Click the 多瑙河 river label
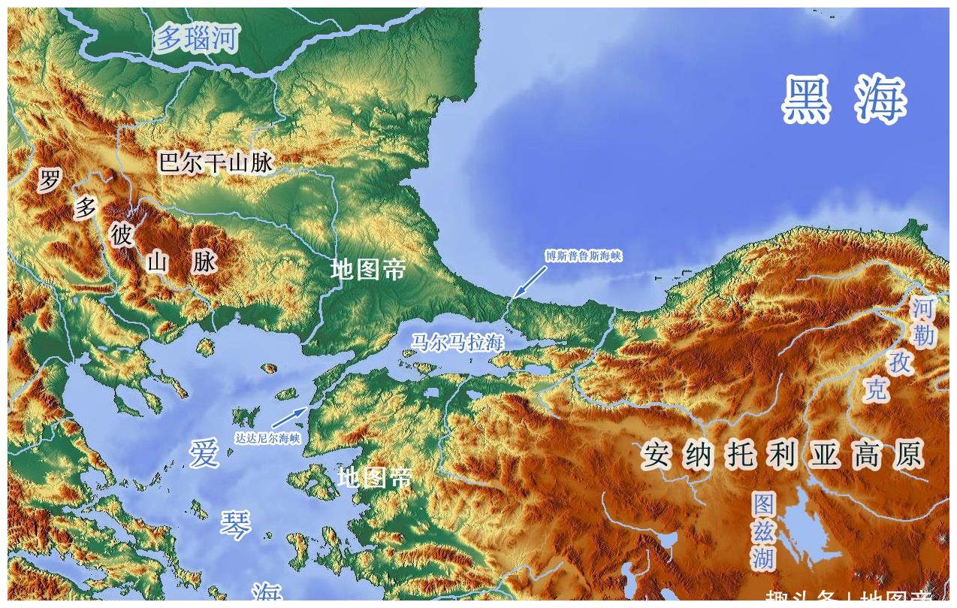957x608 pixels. (197, 38)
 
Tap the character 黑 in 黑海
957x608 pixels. (808, 100)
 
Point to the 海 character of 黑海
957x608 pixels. (880, 100)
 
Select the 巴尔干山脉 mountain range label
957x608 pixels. (216, 162)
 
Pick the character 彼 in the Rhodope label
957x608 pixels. (121, 235)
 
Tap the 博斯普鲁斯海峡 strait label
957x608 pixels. (584, 256)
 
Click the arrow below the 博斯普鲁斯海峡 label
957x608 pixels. (530, 280)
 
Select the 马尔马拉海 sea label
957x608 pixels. (456, 343)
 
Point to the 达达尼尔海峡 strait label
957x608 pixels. (267, 438)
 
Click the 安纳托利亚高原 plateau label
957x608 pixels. (782, 455)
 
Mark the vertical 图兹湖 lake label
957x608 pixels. (763, 531)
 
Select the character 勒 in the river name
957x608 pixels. (924, 335)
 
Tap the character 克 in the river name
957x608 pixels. (876, 389)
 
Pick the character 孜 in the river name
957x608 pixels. (900, 362)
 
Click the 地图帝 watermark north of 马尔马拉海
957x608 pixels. (368, 269)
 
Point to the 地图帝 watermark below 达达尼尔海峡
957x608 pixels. (375, 477)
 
